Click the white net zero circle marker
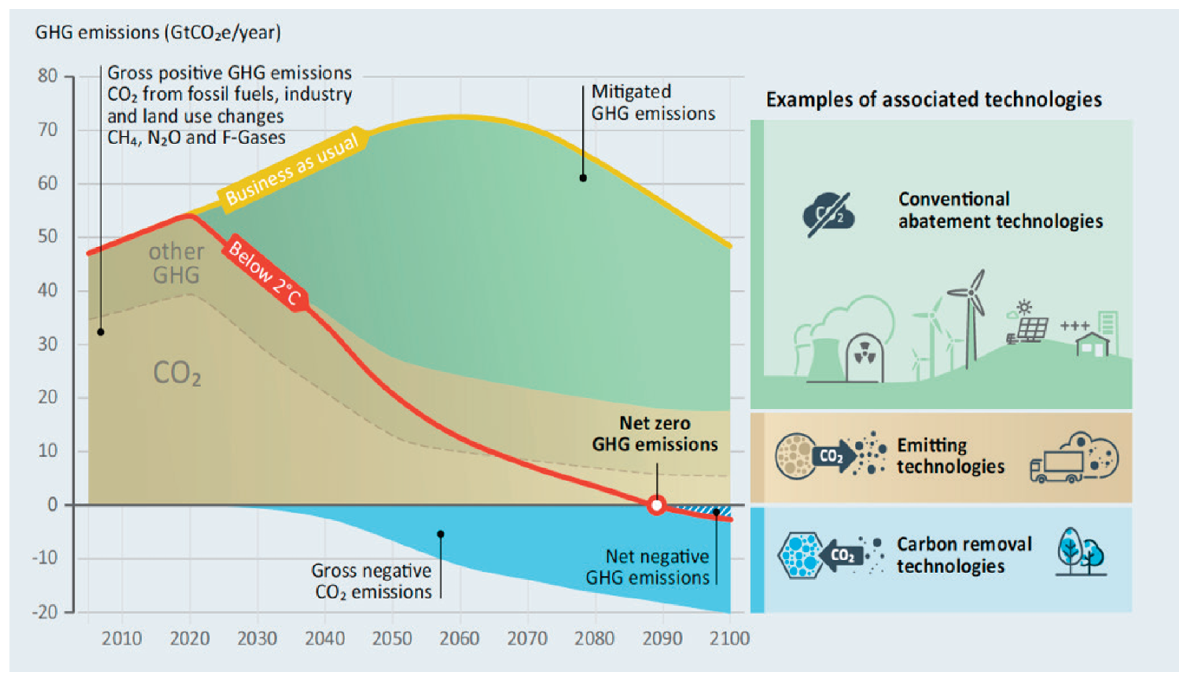coord(656,505)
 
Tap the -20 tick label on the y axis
coord(45,611)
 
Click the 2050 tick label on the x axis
coord(391,638)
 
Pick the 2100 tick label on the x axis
coord(729,638)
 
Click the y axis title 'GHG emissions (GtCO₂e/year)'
coord(158,33)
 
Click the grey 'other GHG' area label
coord(176,263)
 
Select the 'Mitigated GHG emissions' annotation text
coord(653,103)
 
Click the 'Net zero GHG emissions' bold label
coord(655,434)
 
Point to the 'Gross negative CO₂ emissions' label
coord(372,581)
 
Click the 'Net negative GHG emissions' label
coord(648,567)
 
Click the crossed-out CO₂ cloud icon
coord(829,215)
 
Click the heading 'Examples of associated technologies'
coord(934,100)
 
